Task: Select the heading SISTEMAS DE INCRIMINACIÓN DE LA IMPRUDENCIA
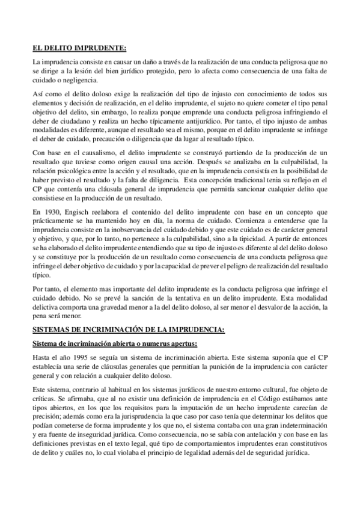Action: (x=129, y=331)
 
